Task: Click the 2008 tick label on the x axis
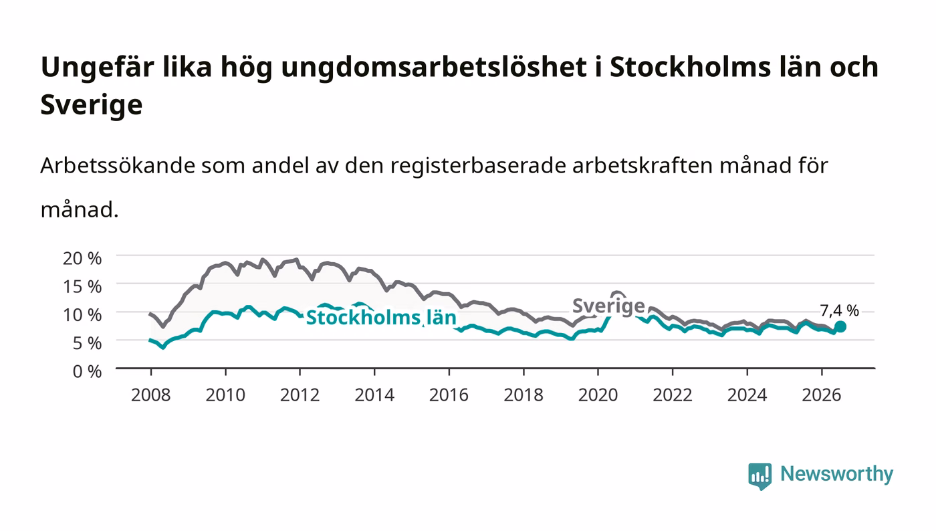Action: (151, 395)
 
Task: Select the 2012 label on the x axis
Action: (300, 395)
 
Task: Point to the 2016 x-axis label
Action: (449, 395)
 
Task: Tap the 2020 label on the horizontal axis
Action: (598, 395)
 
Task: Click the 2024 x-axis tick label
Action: (747, 395)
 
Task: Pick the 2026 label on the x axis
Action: (822, 395)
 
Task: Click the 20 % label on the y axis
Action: (82, 258)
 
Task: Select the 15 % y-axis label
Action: (82, 287)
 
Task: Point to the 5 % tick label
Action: (88, 343)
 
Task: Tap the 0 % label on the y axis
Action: (88, 371)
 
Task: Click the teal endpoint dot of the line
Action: (840, 326)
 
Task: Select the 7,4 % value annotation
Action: (840, 311)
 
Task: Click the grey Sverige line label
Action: (608, 306)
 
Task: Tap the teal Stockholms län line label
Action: (381, 318)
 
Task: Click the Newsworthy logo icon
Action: (760, 476)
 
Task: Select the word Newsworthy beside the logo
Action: (837, 474)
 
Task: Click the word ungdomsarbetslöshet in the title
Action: (434, 68)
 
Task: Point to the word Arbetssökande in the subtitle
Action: (118, 166)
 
